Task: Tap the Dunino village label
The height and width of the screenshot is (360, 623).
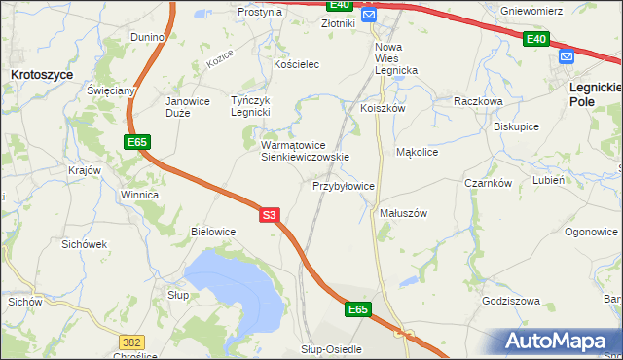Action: click(148, 37)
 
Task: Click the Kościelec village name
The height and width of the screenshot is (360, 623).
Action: click(297, 63)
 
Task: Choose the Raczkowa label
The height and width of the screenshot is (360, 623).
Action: click(478, 100)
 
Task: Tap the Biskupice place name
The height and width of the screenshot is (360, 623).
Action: click(517, 126)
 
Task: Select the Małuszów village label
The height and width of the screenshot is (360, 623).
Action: click(403, 212)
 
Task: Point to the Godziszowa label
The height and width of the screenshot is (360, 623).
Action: click(510, 301)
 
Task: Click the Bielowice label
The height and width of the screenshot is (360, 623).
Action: click(214, 232)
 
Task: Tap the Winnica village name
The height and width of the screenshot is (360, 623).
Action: click(139, 195)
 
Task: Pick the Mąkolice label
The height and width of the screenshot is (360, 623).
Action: click(418, 152)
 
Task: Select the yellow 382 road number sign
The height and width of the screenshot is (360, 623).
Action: click(132, 342)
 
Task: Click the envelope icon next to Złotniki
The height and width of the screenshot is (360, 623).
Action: click(369, 17)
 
